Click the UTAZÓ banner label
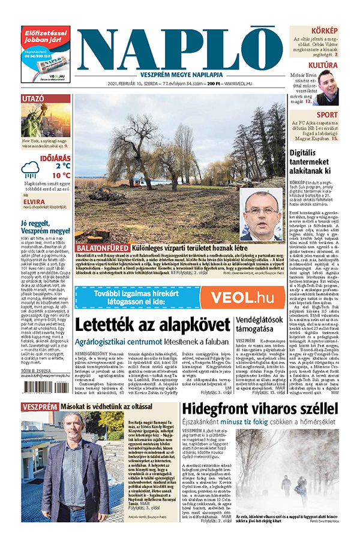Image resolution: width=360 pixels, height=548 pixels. point(33,98)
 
